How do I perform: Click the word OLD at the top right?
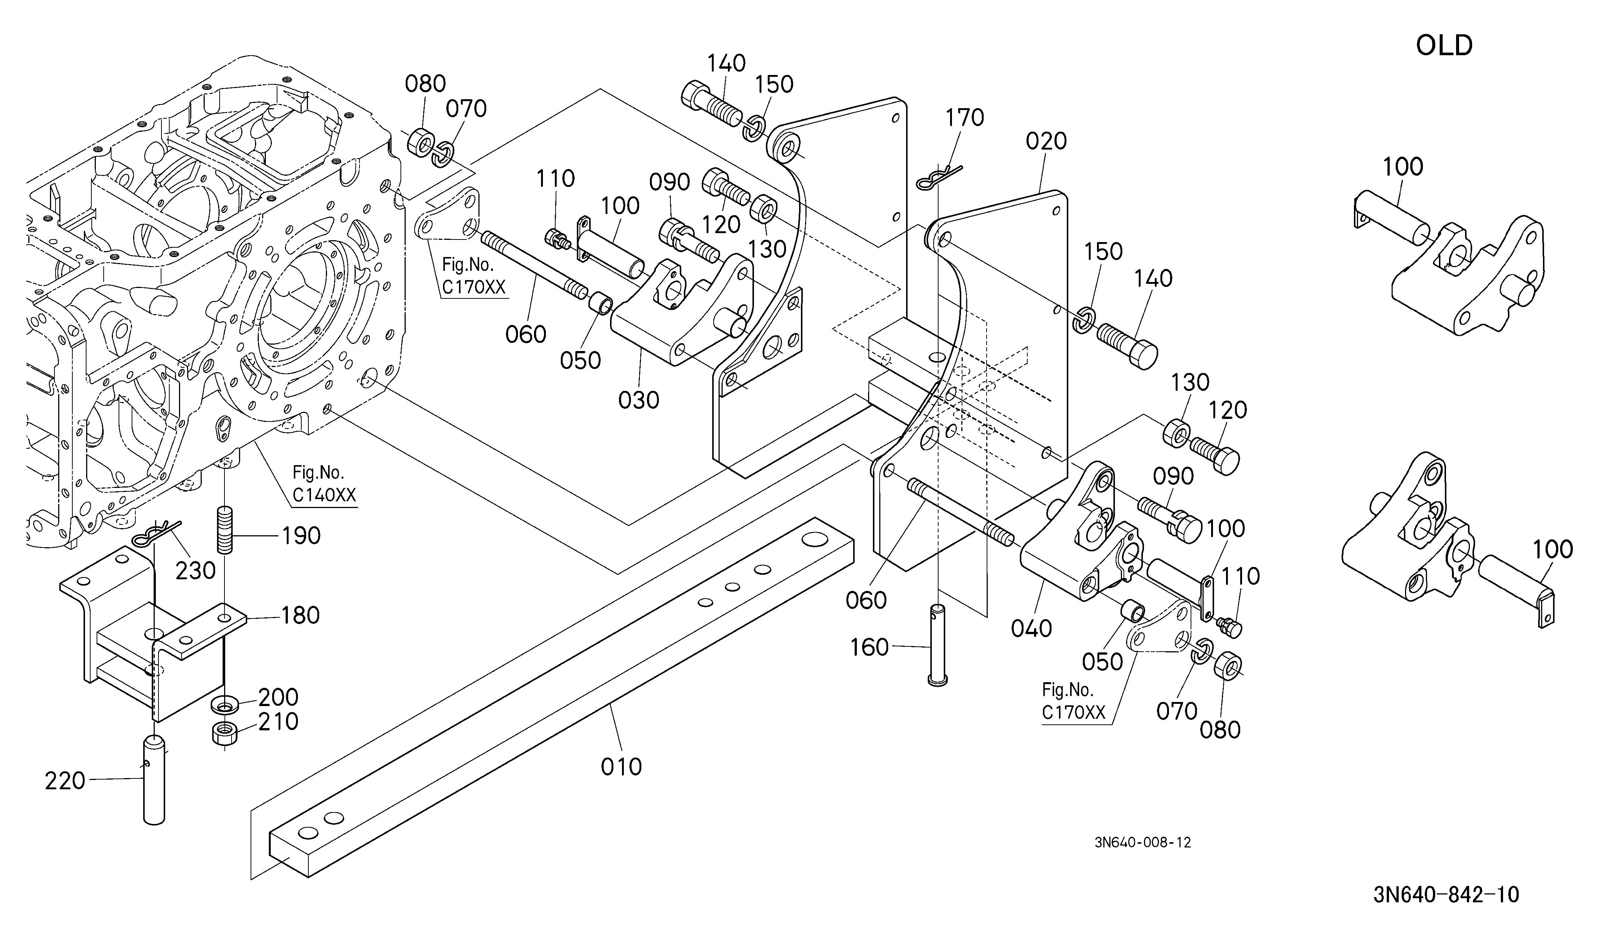(x=1444, y=46)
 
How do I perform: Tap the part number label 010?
(x=622, y=767)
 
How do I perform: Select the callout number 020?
(x=1046, y=141)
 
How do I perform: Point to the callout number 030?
(x=639, y=400)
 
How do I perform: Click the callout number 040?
(x=1032, y=629)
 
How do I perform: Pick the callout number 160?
(x=870, y=648)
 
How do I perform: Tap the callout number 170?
(x=965, y=118)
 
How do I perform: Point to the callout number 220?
(x=65, y=781)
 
